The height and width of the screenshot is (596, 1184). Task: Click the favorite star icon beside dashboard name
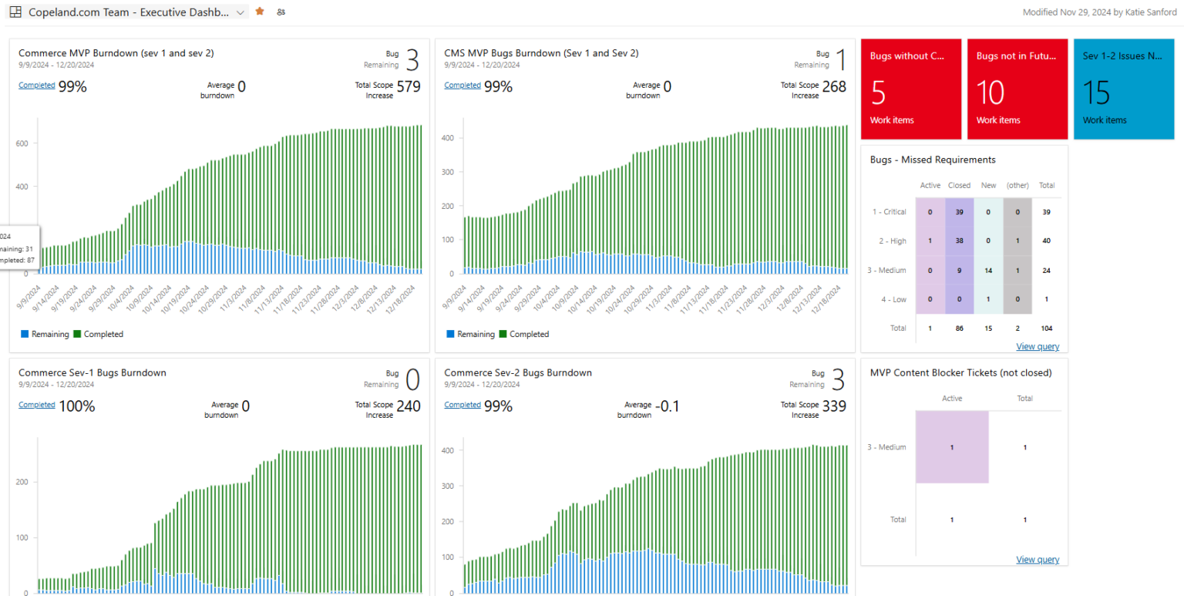click(260, 12)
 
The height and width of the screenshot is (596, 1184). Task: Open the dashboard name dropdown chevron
click(240, 12)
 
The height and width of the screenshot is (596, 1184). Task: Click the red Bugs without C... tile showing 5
click(910, 89)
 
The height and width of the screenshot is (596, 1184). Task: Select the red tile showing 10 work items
click(1017, 89)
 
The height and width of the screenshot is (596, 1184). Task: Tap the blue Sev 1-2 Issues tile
click(1123, 89)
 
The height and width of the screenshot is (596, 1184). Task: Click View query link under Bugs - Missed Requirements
click(1038, 346)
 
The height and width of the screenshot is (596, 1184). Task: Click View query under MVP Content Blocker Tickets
click(1038, 559)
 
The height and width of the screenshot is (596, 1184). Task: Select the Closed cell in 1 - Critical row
click(959, 212)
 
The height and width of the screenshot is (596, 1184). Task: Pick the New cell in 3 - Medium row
click(988, 271)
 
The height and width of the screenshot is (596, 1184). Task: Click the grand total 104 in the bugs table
click(1046, 328)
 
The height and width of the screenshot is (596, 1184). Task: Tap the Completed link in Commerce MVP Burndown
click(36, 86)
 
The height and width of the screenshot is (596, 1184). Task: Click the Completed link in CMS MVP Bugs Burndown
click(462, 86)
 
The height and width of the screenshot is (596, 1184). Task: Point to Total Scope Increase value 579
click(409, 86)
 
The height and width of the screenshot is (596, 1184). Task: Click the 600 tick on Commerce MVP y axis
click(22, 143)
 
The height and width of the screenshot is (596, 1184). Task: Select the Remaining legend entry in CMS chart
click(469, 334)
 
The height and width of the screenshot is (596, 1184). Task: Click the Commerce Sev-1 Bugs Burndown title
click(92, 372)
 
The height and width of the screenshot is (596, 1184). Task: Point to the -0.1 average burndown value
click(668, 406)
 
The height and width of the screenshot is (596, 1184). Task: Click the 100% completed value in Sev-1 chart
click(77, 406)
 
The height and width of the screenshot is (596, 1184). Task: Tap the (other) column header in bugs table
click(1017, 185)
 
